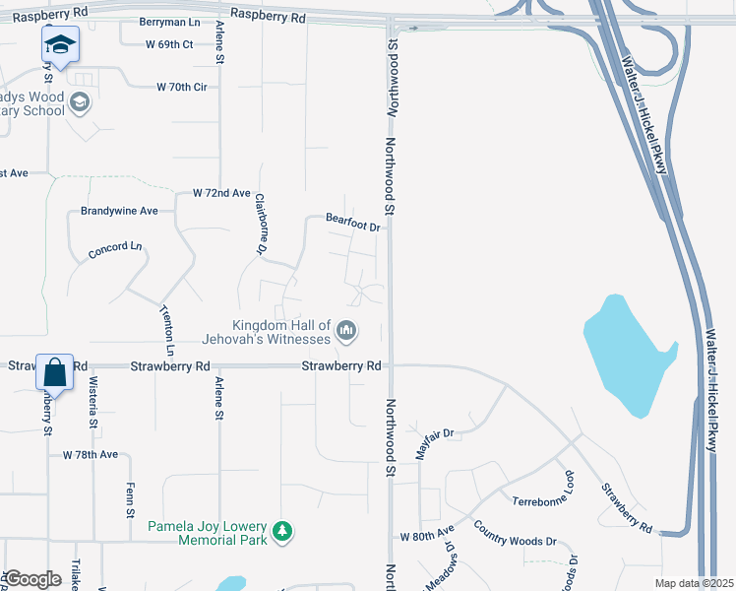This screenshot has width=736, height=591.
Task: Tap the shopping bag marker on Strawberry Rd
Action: point(55,373)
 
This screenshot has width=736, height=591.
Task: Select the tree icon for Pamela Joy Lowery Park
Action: point(283,532)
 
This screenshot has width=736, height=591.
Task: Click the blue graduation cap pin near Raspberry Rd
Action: point(60,45)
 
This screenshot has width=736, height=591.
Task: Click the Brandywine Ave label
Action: point(120,211)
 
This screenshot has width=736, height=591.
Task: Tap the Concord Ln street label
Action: point(115,249)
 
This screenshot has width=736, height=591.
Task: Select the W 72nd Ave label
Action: point(221,193)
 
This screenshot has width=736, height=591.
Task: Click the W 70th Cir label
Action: point(182,87)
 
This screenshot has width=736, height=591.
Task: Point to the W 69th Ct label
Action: point(169,45)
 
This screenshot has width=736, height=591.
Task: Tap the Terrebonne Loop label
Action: point(544,500)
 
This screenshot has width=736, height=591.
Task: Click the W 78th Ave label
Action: point(91,455)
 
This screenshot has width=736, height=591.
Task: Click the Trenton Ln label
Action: point(168,331)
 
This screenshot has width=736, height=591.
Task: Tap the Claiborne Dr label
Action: point(261,223)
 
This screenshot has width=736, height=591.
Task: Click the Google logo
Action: point(31,579)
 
